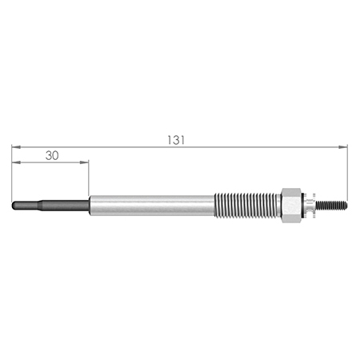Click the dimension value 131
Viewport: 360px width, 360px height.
tap(177, 139)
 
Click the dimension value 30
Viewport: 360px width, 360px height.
tap(52, 155)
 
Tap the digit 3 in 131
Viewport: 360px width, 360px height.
tap(177, 139)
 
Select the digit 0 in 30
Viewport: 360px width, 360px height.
tap(56, 155)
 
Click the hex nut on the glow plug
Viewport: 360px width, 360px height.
tap(291, 205)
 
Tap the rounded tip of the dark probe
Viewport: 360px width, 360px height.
tap(15, 205)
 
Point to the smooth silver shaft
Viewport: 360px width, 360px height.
tap(152, 205)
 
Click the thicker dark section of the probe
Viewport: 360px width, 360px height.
tap(64, 205)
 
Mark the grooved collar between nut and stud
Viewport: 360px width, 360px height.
tap(308, 205)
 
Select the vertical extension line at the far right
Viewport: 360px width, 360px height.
tap(349, 172)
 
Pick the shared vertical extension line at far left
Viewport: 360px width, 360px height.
tap(12, 172)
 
